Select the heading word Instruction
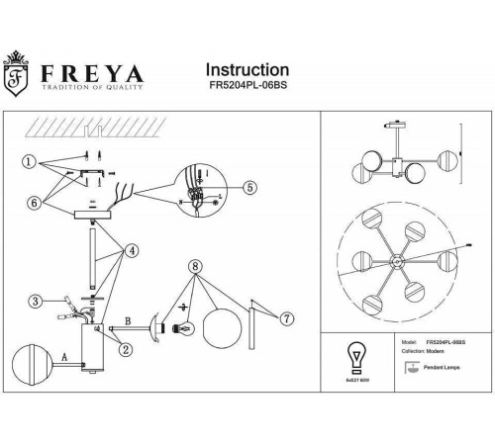(x=247, y=70)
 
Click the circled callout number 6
(x=33, y=202)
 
